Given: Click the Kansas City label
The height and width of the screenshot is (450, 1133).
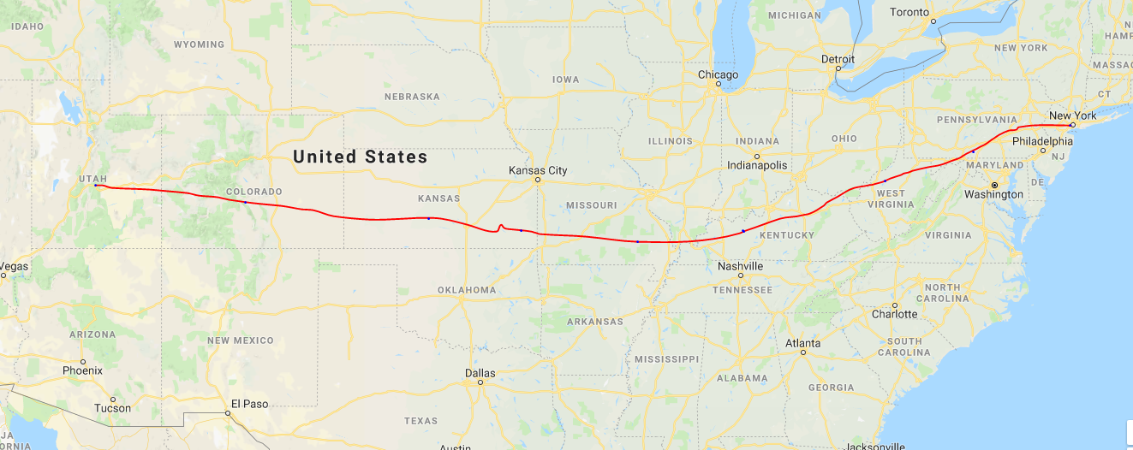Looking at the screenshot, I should [x=538, y=170].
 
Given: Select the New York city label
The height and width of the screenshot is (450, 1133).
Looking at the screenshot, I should [x=1072, y=115].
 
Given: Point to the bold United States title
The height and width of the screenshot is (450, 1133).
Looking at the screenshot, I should [x=360, y=157].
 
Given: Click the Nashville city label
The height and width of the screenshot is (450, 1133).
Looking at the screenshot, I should [x=740, y=266].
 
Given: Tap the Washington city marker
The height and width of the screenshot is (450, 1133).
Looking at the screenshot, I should [x=994, y=185].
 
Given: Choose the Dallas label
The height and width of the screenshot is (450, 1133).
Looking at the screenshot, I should [x=480, y=373].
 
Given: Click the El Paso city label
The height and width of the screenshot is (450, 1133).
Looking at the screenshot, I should [x=249, y=404].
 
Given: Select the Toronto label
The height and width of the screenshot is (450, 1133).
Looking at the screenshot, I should [x=909, y=12].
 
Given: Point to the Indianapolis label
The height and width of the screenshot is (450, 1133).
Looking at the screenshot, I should [x=757, y=164].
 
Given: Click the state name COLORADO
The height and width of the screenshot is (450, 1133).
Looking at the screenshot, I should [x=254, y=192].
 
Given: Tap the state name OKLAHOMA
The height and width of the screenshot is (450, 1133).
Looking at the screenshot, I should [x=467, y=290].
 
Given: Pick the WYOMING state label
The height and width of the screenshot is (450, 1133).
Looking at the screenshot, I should [x=199, y=44].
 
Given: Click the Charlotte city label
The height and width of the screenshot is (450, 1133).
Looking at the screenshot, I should [x=895, y=314].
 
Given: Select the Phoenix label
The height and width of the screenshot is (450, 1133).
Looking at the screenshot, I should [x=82, y=370].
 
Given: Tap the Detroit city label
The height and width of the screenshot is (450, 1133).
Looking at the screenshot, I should [x=838, y=59].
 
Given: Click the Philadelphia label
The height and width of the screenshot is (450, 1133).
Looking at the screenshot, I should [x=1042, y=141].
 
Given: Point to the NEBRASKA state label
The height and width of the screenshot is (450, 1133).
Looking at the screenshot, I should [x=412, y=97].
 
